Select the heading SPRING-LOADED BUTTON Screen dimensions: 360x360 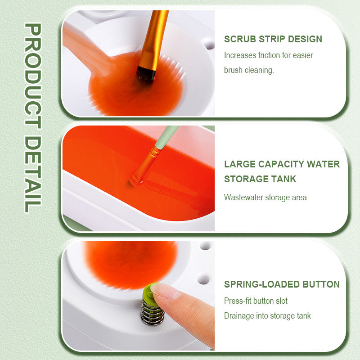coord(282,284)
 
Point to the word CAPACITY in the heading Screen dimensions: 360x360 coord(285,164)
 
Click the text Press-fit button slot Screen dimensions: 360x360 coord(256,301)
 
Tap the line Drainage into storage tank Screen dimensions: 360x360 coord(267,316)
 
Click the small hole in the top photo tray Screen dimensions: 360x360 coord(207,44)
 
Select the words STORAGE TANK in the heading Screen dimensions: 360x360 coord(260,179)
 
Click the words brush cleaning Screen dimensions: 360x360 coord(249,71)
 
